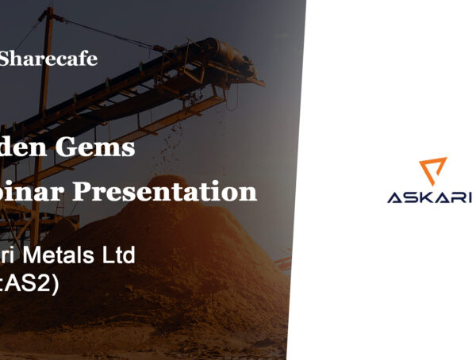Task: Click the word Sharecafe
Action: coord(48,59)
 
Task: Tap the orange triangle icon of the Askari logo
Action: coord(433,170)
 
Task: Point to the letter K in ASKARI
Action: coord(428,197)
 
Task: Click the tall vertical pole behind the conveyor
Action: coord(46,48)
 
